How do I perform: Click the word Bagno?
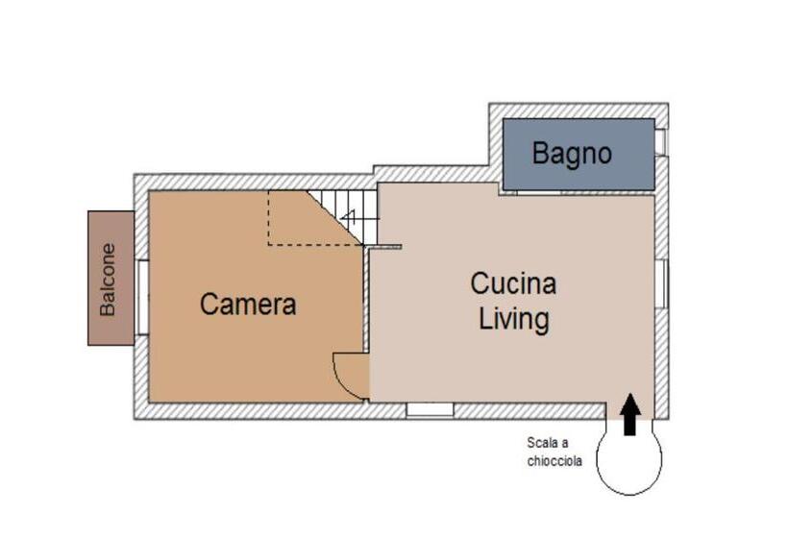[x=572, y=154]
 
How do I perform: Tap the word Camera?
[x=248, y=305]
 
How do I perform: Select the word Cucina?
[x=513, y=283]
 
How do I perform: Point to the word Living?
[x=513, y=320]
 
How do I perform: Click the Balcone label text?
[x=108, y=280]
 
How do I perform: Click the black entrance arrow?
[x=629, y=414]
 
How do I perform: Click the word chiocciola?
[x=554, y=460]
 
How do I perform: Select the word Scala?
[x=543, y=443]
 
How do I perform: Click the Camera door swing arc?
[x=338, y=378]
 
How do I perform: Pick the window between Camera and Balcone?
[x=143, y=298]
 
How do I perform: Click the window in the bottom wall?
[x=431, y=410]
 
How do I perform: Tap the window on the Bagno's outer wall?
[x=661, y=142]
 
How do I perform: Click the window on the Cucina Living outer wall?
[x=661, y=283]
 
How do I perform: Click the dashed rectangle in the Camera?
[x=315, y=218]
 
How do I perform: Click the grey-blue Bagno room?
[x=579, y=155]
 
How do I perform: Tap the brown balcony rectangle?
[x=111, y=279]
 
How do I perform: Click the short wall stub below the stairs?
[x=382, y=247]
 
